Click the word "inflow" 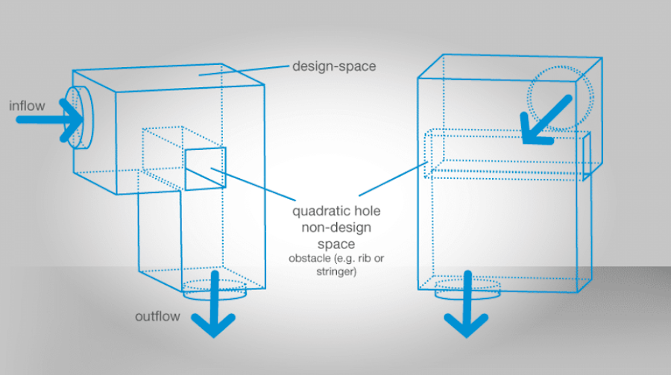click(27, 106)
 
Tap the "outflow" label click(157, 316)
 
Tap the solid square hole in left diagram click(204, 169)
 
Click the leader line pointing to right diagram click(391, 180)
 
